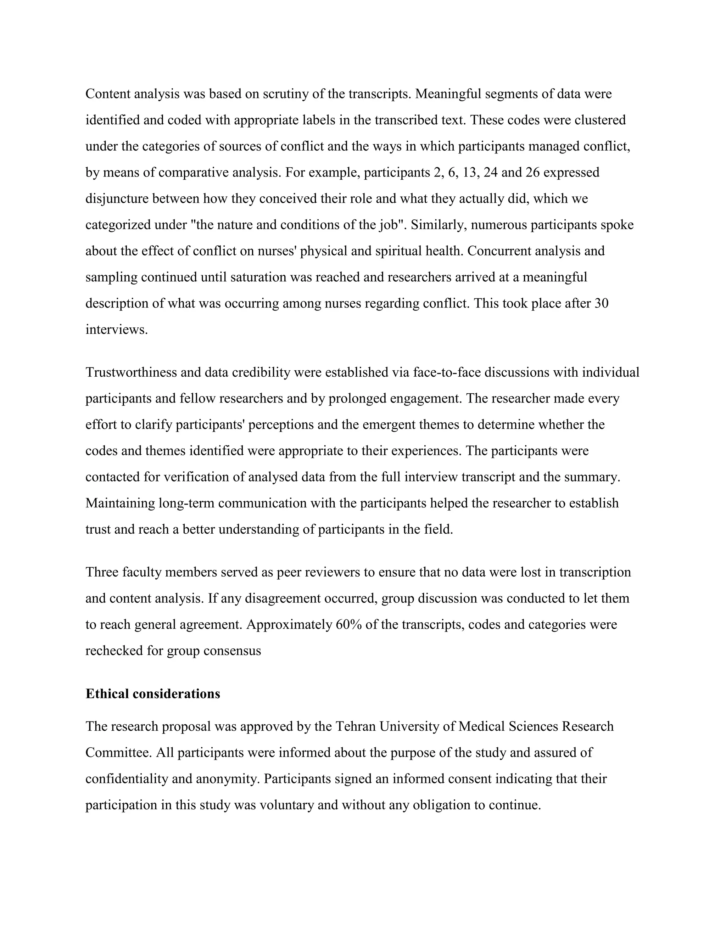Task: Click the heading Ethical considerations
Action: [153, 694]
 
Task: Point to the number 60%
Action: [348, 625]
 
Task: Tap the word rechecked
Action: [114, 651]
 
